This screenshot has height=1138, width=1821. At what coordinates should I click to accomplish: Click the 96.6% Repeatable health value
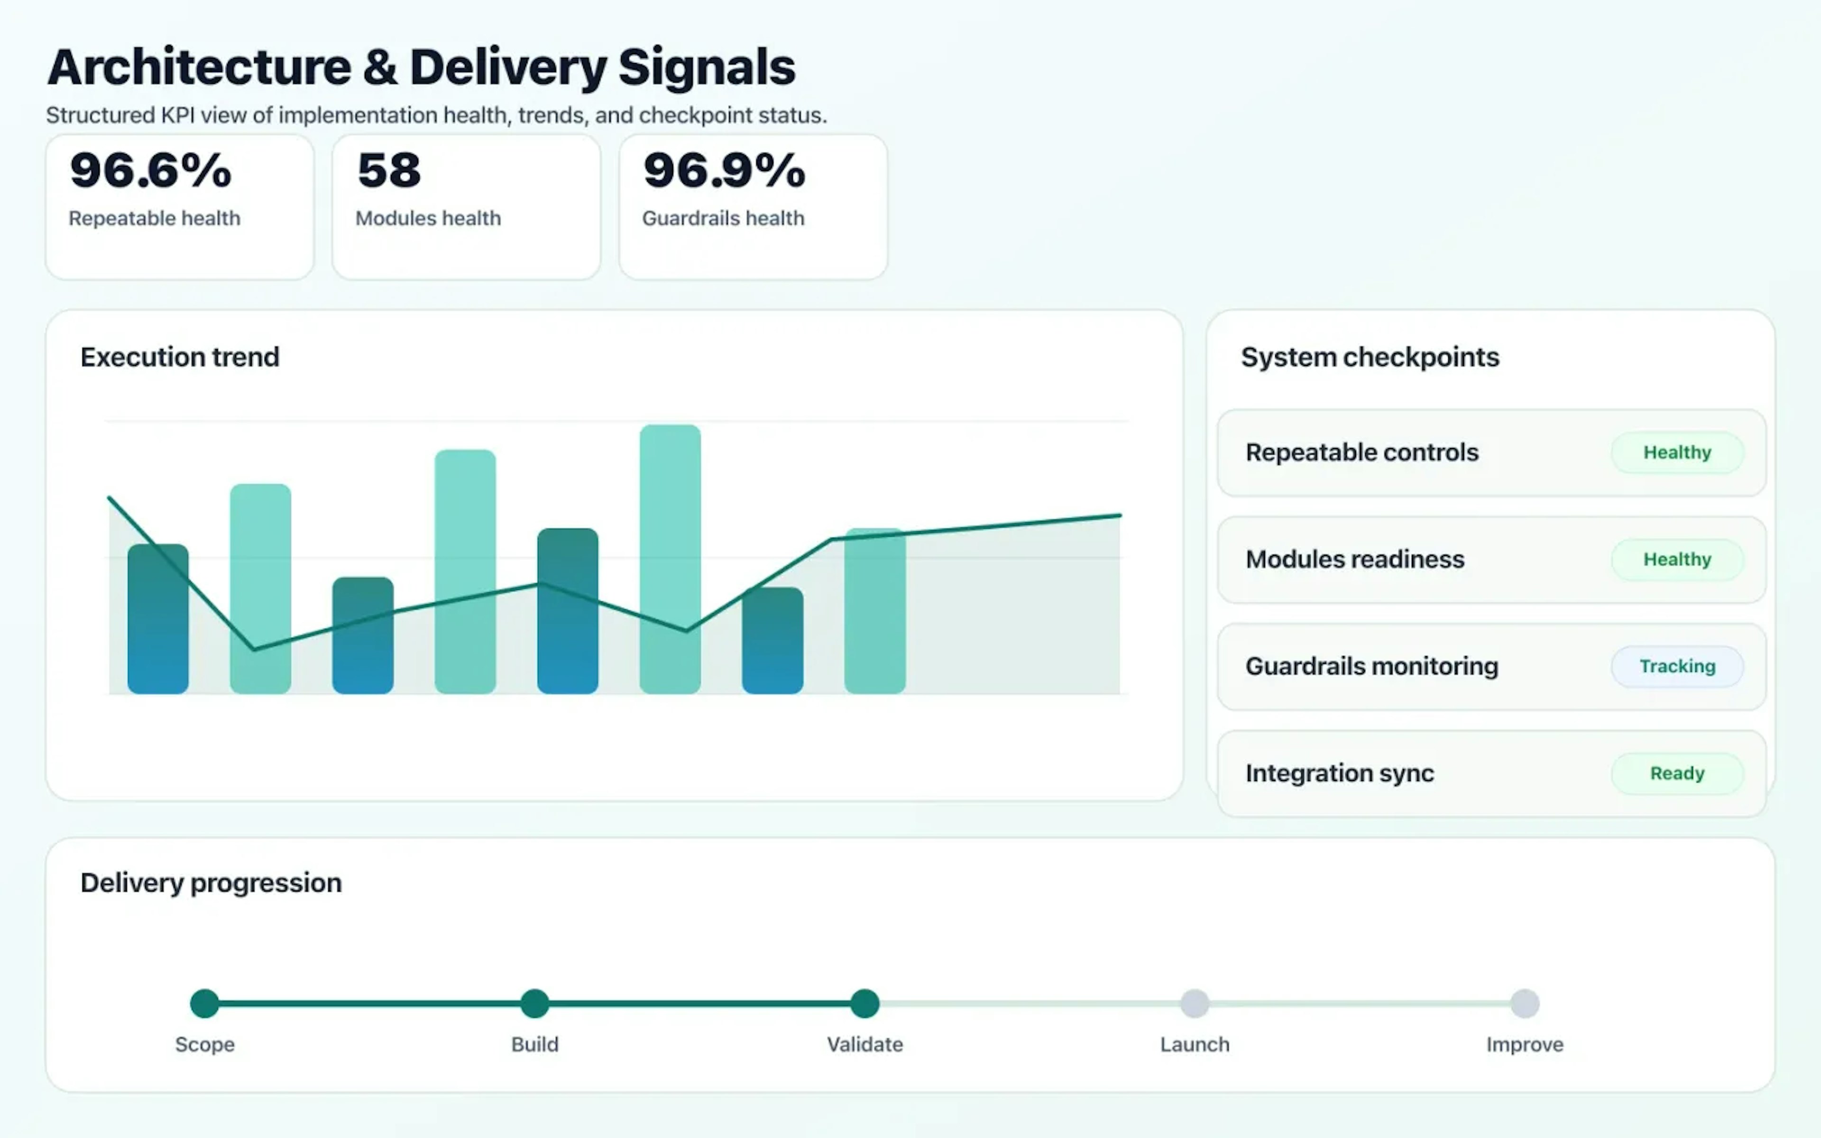pyautogui.click(x=150, y=170)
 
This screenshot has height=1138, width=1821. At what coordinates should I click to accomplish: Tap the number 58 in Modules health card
pyautogui.click(x=389, y=170)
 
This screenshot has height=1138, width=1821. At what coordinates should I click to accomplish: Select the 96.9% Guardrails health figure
pyautogui.click(x=724, y=170)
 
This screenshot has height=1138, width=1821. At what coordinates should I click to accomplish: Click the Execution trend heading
pyautogui.click(x=180, y=357)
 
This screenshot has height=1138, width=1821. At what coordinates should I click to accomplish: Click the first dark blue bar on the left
pyautogui.click(x=158, y=619)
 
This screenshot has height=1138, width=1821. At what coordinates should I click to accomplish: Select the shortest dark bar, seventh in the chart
pyautogui.click(x=772, y=641)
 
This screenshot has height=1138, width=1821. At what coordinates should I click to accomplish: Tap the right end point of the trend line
pyautogui.click(x=1119, y=515)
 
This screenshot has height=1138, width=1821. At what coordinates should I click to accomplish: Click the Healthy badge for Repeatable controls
pyautogui.click(x=1676, y=452)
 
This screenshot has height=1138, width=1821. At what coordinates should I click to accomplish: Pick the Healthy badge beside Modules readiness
pyautogui.click(x=1676, y=559)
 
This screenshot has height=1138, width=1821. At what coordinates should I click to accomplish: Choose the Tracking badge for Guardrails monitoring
pyautogui.click(x=1676, y=666)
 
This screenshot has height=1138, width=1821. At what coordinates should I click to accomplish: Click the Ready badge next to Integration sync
pyautogui.click(x=1676, y=773)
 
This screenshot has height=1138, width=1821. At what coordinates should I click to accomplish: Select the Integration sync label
pyautogui.click(x=1339, y=773)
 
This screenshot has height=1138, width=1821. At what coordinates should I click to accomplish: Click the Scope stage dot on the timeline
pyautogui.click(x=205, y=1003)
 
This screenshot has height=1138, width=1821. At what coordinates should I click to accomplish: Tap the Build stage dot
pyautogui.click(x=535, y=1003)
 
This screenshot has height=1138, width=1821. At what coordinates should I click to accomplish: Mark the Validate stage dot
pyautogui.click(x=865, y=1003)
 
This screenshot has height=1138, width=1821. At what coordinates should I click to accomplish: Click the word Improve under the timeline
pyautogui.click(x=1525, y=1045)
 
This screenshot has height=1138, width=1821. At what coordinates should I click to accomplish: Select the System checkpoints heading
pyautogui.click(x=1370, y=357)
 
